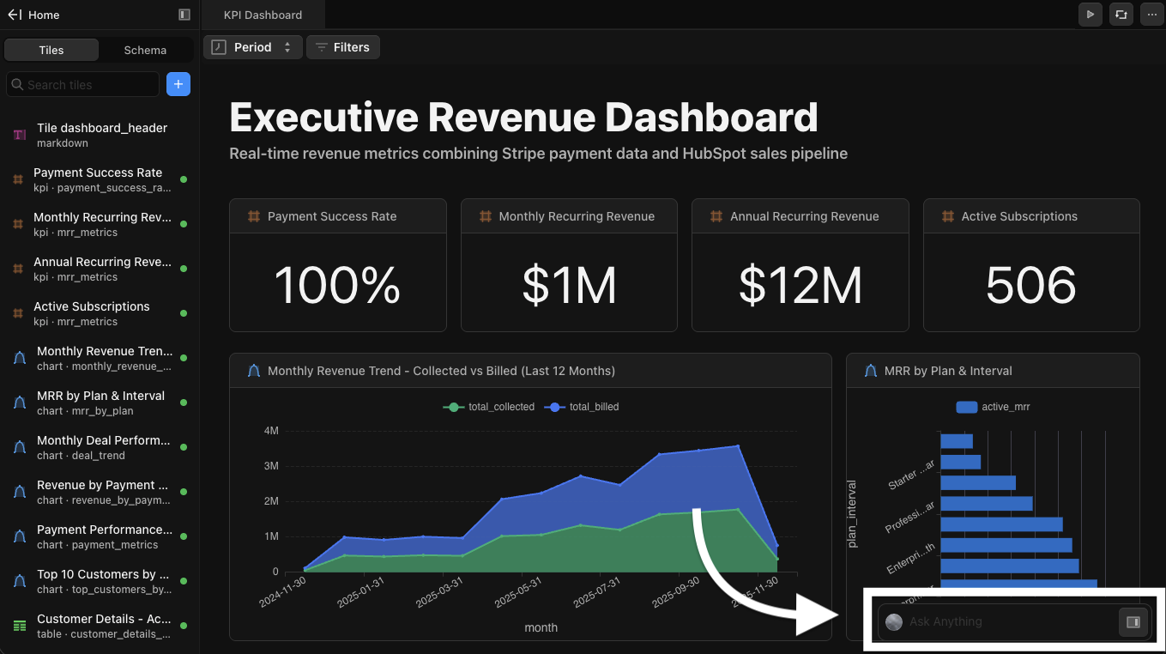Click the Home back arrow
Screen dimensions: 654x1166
point(15,15)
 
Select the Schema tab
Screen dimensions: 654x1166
point(145,50)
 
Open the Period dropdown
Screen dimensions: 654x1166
point(253,47)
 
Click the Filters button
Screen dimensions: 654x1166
point(343,47)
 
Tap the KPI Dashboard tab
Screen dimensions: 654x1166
point(263,15)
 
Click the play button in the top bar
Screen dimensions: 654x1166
point(1090,15)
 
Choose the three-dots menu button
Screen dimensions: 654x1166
point(1151,15)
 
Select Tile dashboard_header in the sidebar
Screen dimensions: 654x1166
point(101,135)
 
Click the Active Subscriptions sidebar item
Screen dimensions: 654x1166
point(91,313)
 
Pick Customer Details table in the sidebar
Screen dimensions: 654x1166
point(103,626)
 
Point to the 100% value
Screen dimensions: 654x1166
point(337,285)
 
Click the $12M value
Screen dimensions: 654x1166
point(800,285)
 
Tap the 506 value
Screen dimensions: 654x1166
point(1030,285)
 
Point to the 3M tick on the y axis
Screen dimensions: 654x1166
point(270,466)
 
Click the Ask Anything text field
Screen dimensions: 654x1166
point(1004,621)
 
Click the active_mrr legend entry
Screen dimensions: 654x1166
point(994,407)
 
